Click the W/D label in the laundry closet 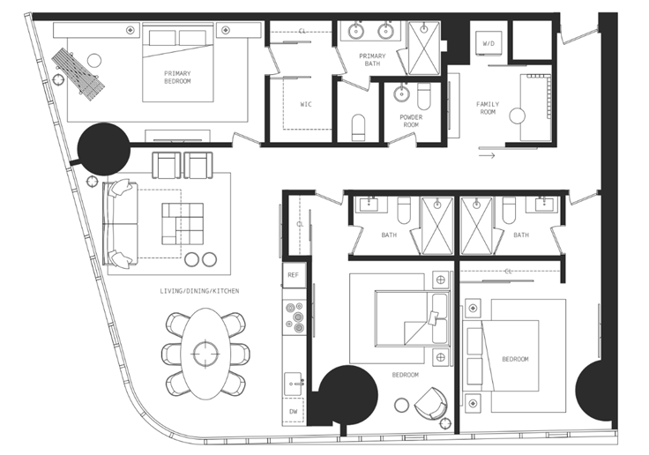(x=489, y=43)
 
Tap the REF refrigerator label (x=293, y=275)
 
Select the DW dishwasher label (x=293, y=412)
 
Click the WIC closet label (x=306, y=104)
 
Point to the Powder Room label (x=411, y=121)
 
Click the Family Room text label (x=488, y=108)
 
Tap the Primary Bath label (x=372, y=60)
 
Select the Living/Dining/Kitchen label (x=199, y=291)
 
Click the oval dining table (x=205, y=354)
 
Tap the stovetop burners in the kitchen (x=295, y=317)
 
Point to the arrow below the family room (x=487, y=156)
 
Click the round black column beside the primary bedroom (x=104, y=149)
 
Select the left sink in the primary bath (x=355, y=31)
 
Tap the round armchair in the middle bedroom (x=431, y=403)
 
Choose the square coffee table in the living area (x=183, y=224)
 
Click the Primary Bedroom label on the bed (x=177, y=78)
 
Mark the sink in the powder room (x=401, y=93)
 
